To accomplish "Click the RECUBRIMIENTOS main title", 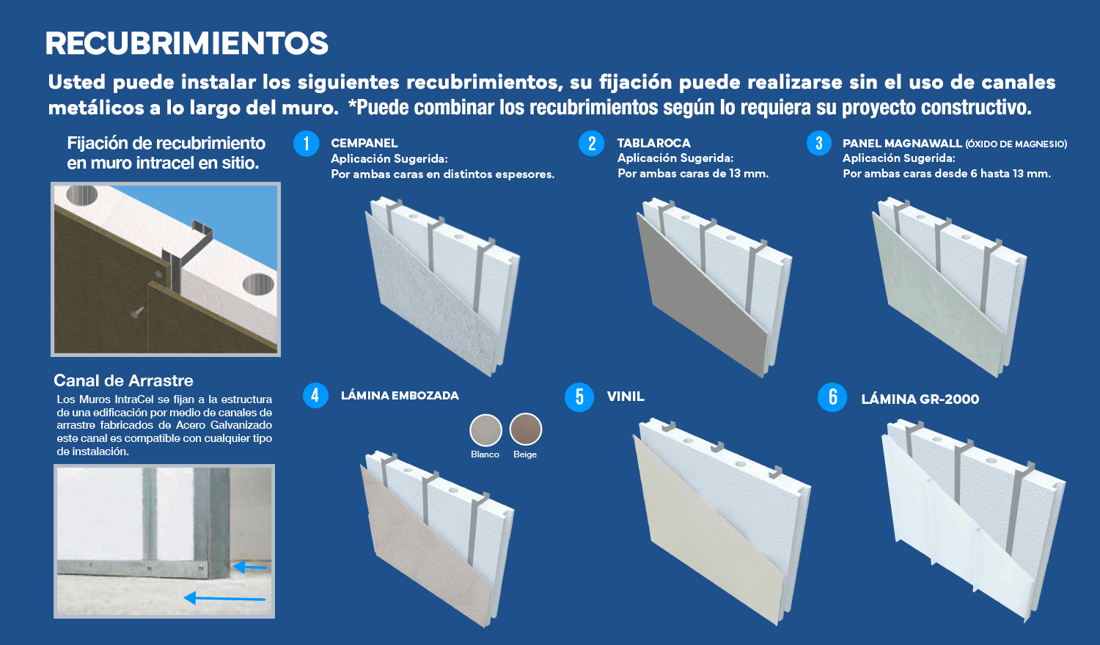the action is click(186, 43).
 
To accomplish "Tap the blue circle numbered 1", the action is click(307, 144).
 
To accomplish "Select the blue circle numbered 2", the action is click(592, 144).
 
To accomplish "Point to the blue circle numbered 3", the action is click(819, 143).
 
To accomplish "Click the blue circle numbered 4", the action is click(315, 395).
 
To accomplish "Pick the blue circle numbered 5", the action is click(579, 397).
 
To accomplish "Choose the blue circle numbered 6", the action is click(832, 397).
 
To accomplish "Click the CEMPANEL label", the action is click(364, 144).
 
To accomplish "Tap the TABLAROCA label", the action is click(653, 144).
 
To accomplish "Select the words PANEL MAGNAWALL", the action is click(902, 144).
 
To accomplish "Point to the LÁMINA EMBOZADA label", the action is click(400, 395).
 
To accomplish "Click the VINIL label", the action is click(626, 396).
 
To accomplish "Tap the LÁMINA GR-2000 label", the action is click(920, 399).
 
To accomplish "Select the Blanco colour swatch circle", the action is click(485, 430).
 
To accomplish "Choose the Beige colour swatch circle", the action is click(526, 429).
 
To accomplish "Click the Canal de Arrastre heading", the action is click(123, 380).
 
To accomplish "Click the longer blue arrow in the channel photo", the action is click(224, 598).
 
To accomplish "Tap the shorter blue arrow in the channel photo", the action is click(249, 567).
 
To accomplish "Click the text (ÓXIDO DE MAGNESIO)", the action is click(1016, 144).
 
